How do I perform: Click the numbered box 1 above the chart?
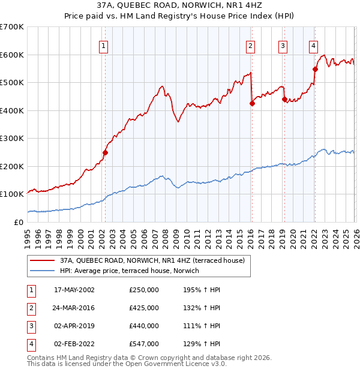[104, 46]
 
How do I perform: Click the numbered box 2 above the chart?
[250, 46]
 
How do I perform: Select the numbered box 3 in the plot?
[283, 46]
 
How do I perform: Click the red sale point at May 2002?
[105, 152]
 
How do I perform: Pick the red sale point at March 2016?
[252, 103]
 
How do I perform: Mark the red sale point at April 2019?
[284, 100]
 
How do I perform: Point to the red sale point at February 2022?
[315, 69]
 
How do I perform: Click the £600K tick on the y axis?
[12, 55]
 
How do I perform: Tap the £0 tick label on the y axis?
[18, 222]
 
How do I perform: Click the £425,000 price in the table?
[144, 308]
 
